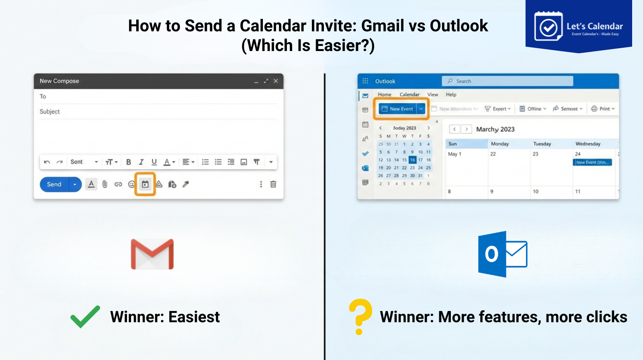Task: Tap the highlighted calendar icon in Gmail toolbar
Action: pyautogui.click(x=145, y=184)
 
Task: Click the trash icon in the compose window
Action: pyautogui.click(x=273, y=184)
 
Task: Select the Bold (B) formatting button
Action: pyautogui.click(x=129, y=162)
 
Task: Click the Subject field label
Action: pyautogui.click(x=50, y=112)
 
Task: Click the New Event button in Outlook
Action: pyautogui.click(x=397, y=109)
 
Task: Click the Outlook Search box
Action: pyautogui.click(x=507, y=81)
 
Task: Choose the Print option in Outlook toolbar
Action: pyautogui.click(x=603, y=109)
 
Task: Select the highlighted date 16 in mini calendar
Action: pyautogui.click(x=412, y=160)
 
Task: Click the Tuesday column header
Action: pyautogui.click(x=542, y=144)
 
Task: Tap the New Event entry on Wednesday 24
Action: pyautogui.click(x=592, y=162)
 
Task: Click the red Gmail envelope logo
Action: pyautogui.click(x=152, y=254)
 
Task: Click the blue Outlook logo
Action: pyautogui.click(x=502, y=254)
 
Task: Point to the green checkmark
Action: pyautogui.click(x=85, y=317)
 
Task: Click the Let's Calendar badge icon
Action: pyautogui.click(x=548, y=27)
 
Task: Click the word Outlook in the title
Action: pyautogui.click(x=459, y=26)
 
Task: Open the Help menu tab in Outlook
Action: pyautogui.click(x=451, y=95)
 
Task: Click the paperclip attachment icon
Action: pyautogui.click(x=105, y=184)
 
